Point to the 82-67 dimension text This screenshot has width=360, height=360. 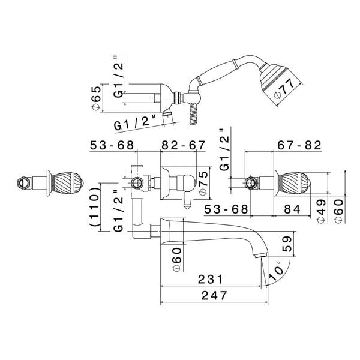(x=183, y=146)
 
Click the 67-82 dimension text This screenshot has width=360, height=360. (x=299, y=146)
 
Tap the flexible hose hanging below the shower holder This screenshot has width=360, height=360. (x=194, y=111)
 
